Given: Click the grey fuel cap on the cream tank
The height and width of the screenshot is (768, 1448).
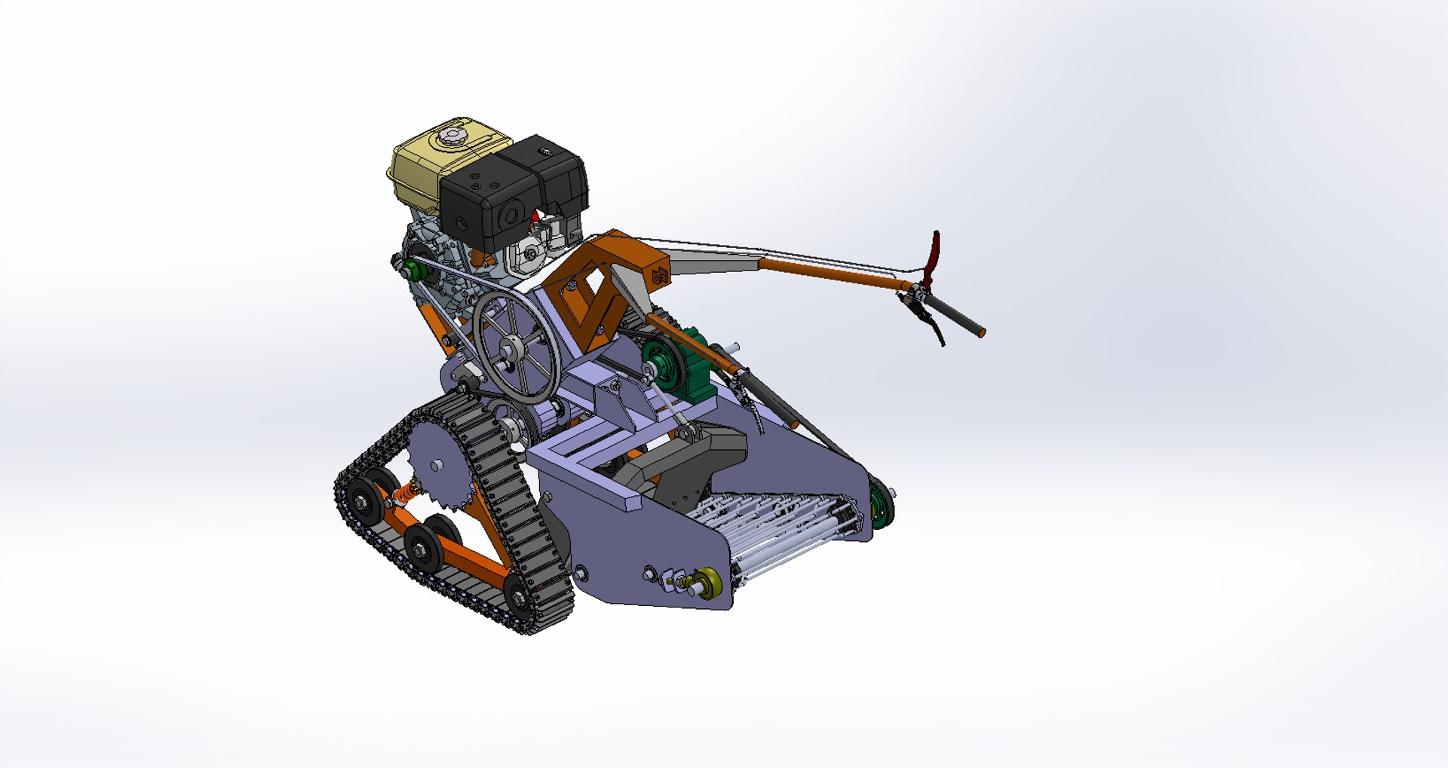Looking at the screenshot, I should click(x=452, y=136).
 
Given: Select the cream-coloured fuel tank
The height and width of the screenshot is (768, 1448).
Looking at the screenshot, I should click(x=422, y=170).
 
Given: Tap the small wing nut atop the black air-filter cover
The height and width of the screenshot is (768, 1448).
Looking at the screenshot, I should click(x=545, y=153).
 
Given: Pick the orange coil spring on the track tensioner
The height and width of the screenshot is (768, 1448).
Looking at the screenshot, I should click(x=406, y=494).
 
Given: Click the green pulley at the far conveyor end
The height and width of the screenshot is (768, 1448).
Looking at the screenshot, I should click(x=880, y=504).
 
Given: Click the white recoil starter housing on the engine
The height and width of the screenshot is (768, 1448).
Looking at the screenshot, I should click(x=532, y=255).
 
